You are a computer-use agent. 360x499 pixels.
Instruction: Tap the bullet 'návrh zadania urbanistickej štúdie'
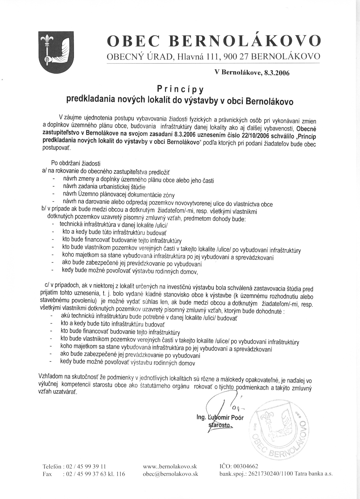[104, 187]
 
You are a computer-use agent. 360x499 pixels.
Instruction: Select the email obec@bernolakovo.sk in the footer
[171, 474]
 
